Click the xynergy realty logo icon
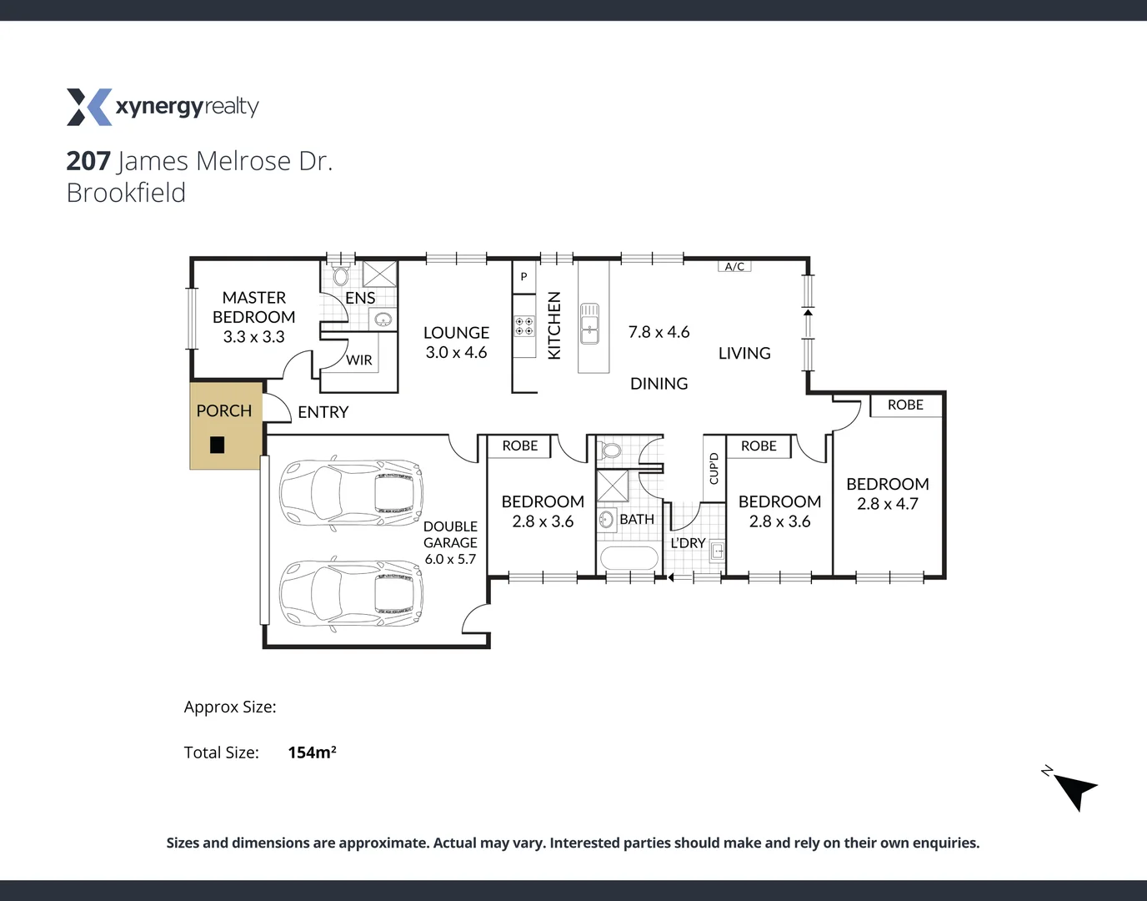point(89,107)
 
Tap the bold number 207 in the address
point(88,161)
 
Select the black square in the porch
point(218,445)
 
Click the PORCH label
point(223,411)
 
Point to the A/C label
point(734,267)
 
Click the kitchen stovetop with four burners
point(523,326)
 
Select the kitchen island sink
point(589,324)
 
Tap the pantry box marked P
point(523,277)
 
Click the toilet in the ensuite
point(340,276)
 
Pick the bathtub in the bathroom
point(629,557)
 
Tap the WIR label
point(359,360)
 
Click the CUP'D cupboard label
point(714,468)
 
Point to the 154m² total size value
point(312,753)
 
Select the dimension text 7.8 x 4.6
point(659,332)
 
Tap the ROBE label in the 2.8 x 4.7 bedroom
point(905,405)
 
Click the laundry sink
point(717,551)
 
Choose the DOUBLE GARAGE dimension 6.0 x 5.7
point(450,559)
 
